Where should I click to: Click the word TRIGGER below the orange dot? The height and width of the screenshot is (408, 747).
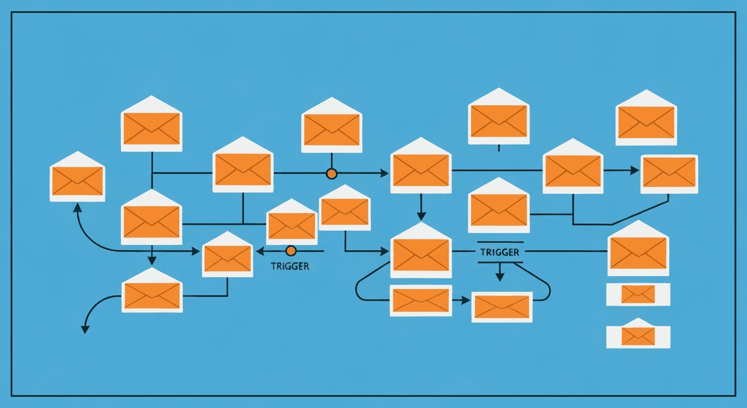[x=290, y=267]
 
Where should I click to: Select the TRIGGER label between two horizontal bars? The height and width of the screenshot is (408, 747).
[x=499, y=252]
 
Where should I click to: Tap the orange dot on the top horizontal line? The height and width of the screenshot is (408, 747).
[x=332, y=173]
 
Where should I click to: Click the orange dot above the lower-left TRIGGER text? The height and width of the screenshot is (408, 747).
[x=290, y=250]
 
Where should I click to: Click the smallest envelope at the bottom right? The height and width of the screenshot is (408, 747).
[x=638, y=336]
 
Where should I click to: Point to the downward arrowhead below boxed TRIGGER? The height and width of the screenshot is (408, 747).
[x=499, y=277]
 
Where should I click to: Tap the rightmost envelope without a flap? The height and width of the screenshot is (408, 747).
[x=669, y=174]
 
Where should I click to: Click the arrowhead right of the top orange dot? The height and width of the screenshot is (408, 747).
[x=384, y=173]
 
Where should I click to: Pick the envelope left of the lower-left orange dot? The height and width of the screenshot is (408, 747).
[x=227, y=258]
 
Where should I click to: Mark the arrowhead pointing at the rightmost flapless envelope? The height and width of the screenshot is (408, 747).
[x=635, y=171]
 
